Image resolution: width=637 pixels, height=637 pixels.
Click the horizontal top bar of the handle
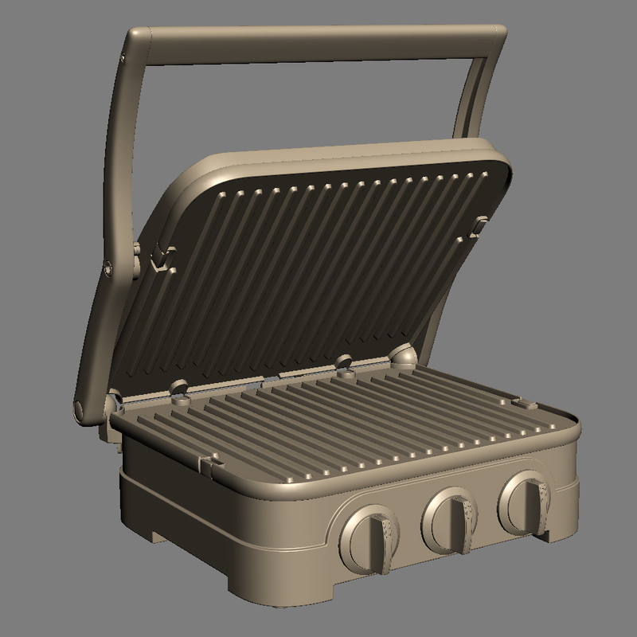coord(318,43)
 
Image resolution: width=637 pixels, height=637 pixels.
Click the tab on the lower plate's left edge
coord(210,461)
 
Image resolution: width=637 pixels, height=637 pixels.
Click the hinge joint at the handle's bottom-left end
coord(81,410)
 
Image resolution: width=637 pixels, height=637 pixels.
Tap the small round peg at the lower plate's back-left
coord(179,387)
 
